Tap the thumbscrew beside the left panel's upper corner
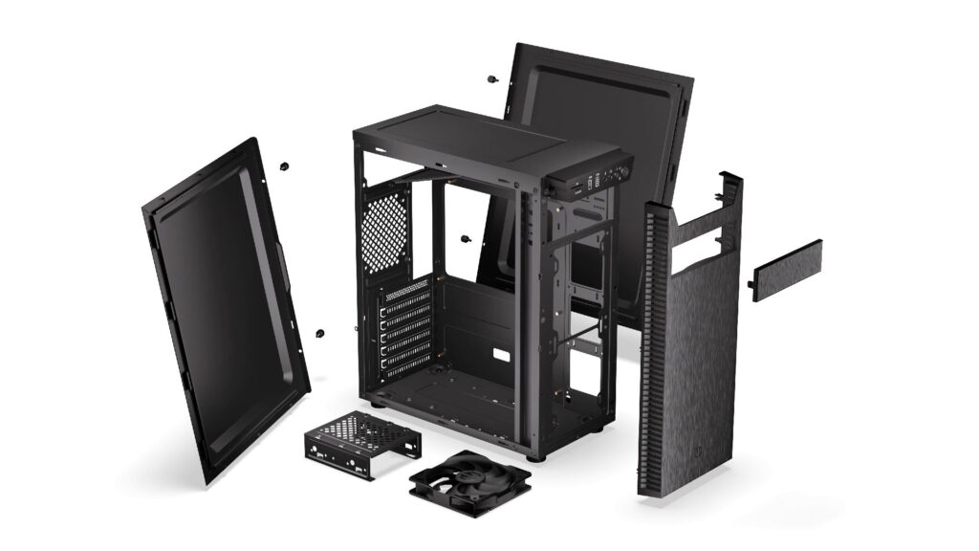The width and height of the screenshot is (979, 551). (x=284, y=165)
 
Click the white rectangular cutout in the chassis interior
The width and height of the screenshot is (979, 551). (x=499, y=356)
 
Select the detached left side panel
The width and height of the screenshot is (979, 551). (x=225, y=306)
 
